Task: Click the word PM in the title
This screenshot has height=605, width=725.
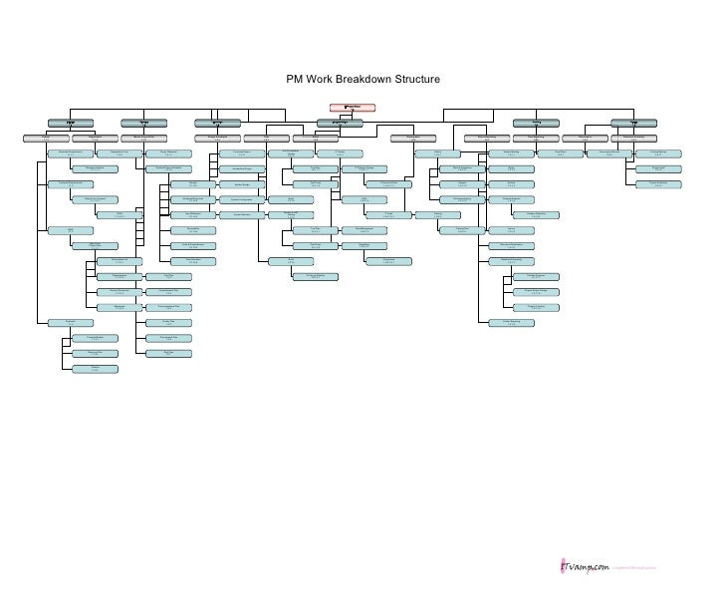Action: click(295, 80)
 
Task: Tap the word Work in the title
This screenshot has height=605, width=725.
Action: click(323, 80)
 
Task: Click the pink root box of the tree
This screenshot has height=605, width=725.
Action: click(352, 105)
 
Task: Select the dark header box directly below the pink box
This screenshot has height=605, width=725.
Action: click(340, 123)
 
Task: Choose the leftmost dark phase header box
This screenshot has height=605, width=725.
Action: click(71, 123)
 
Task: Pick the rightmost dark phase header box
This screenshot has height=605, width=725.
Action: click(631, 123)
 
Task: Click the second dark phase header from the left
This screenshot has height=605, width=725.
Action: click(145, 123)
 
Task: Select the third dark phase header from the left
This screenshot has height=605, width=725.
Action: click(217, 123)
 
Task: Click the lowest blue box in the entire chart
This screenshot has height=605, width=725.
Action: click(96, 369)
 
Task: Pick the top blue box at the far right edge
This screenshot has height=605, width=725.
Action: click(659, 152)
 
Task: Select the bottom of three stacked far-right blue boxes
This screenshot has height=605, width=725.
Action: click(659, 183)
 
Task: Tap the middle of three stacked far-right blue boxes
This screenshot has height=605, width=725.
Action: click(659, 168)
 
